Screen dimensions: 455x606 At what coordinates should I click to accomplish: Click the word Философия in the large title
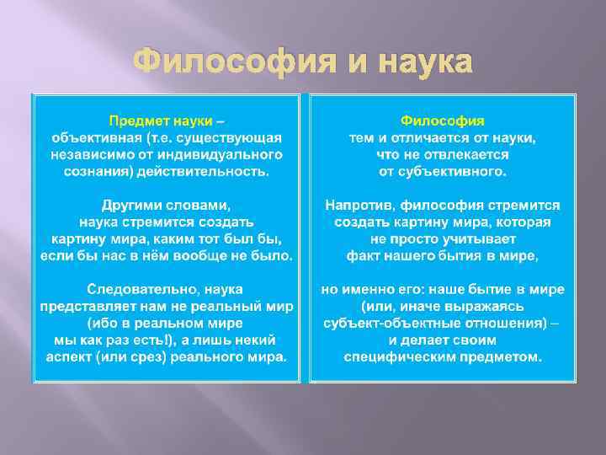pyautogui.click(x=223, y=62)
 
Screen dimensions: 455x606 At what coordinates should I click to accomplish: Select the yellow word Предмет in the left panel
pyautogui.click(x=136, y=120)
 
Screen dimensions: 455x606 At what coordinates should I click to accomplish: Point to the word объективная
pyautogui.click(x=90, y=136)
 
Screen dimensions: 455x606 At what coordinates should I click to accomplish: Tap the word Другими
pyautogui.click(x=133, y=206)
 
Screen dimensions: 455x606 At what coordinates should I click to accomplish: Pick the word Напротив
pyautogui.click(x=357, y=206)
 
